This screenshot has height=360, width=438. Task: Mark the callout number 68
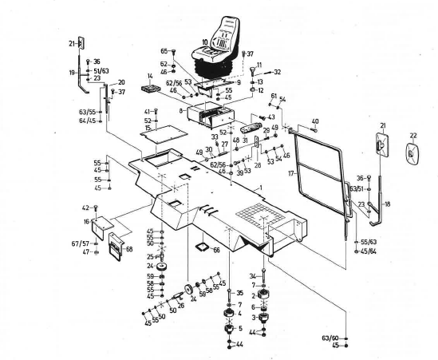[x=129, y=249]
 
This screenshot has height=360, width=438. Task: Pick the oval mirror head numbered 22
[x=412, y=154]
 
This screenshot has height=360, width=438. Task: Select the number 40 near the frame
[x=315, y=121]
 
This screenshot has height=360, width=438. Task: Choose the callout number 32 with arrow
[x=277, y=72]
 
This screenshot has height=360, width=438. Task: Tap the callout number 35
[x=239, y=293]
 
